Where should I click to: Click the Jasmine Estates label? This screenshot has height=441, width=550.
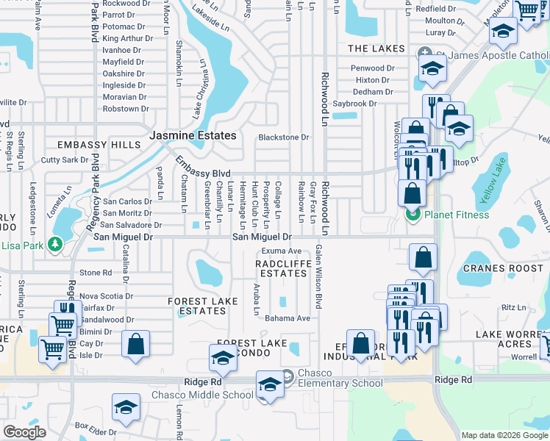coord(193,136)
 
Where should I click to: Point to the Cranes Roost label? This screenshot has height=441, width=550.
coord(492,269)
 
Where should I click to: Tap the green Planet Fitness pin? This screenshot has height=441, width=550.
coord(413,215)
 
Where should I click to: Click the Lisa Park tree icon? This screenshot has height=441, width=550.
coord(54,243)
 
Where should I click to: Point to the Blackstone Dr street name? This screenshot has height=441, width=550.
coord(284,137)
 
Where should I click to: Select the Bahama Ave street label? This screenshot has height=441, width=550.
coord(287,318)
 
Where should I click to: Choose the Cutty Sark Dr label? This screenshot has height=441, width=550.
coord(65,159)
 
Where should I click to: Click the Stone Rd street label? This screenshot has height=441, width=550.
coord(96,273)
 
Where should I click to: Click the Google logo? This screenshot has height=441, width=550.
coord(24,432)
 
